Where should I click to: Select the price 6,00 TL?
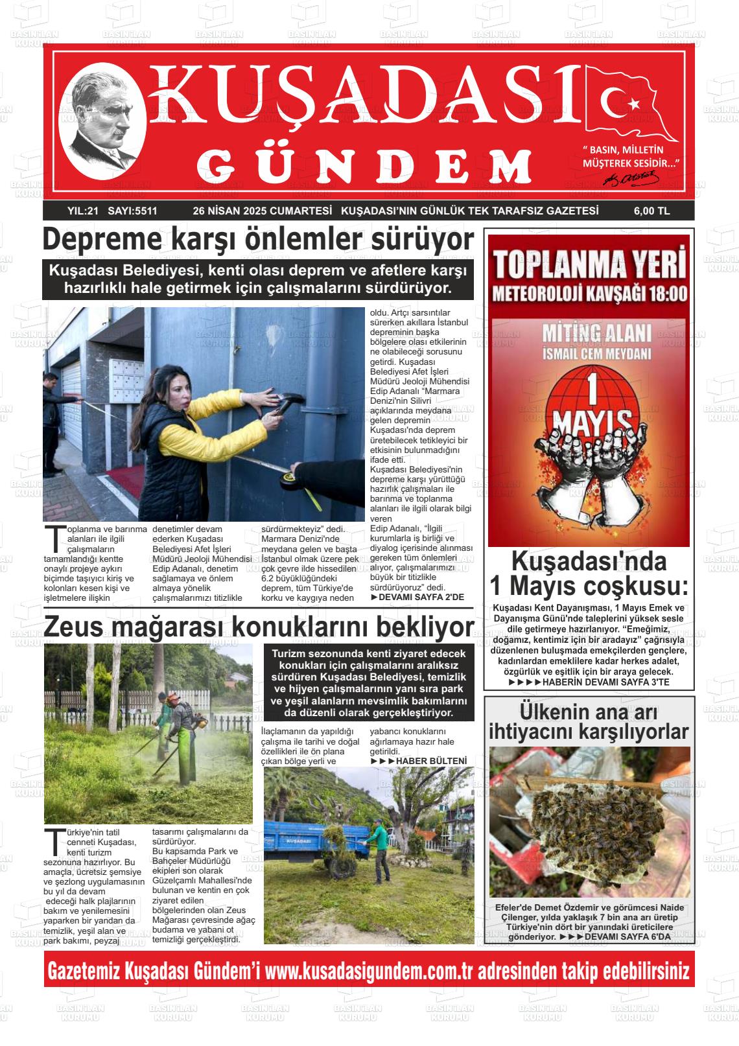coord(651,211)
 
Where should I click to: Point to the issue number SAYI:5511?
coord(132,211)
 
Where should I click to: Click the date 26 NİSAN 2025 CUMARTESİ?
coord(262,211)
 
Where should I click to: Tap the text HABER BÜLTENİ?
coord(431,760)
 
